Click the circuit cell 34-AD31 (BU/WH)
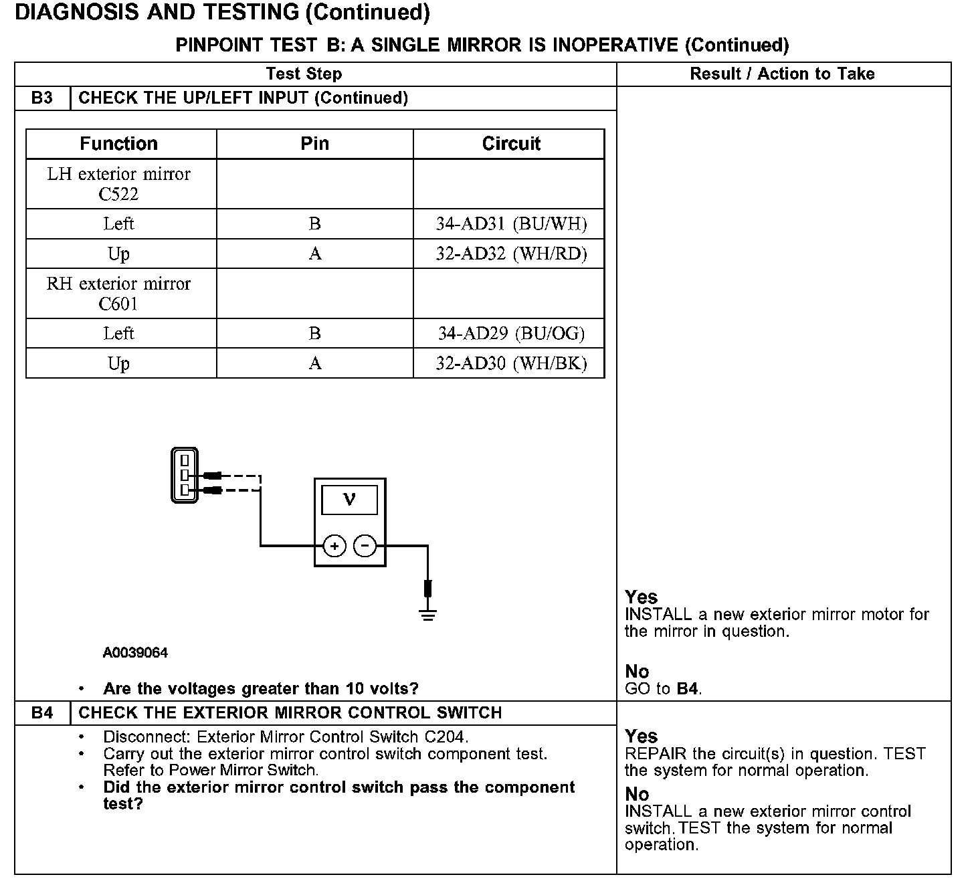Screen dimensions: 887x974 click(511, 224)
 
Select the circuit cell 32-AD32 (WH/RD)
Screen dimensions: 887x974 click(511, 254)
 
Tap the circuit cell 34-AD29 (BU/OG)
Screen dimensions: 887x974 click(511, 333)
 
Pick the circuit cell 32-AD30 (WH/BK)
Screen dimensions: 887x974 click(511, 363)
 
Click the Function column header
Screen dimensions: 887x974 click(119, 144)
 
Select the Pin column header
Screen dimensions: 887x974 click(314, 144)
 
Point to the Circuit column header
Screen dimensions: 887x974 click(511, 144)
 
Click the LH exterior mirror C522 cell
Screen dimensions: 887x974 click(119, 184)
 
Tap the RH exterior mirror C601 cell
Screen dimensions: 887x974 click(119, 294)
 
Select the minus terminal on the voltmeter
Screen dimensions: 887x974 click(365, 547)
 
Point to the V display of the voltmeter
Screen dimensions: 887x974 click(349, 500)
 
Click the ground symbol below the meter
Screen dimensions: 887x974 click(428, 614)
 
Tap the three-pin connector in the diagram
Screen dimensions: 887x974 click(184, 475)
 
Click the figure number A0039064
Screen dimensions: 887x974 click(135, 653)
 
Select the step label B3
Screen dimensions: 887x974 click(41, 98)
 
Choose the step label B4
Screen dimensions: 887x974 click(41, 713)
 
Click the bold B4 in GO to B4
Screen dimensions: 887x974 click(688, 689)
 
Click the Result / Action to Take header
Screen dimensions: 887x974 click(782, 74)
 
